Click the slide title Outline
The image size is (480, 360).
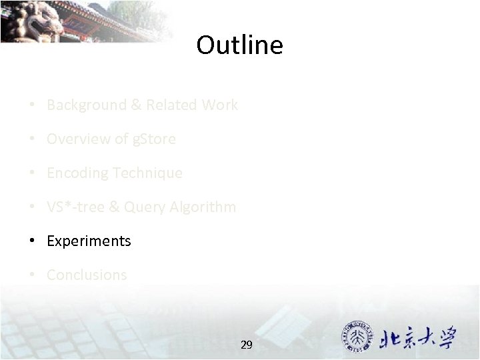[x=239, y=45]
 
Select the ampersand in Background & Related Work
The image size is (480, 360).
[x=135, y=105]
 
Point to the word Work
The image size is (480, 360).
[x=220, y=105]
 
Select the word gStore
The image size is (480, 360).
[x=153, y=139]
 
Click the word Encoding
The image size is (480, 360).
[x=77, y=173]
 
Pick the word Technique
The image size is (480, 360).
[x=147, y=173]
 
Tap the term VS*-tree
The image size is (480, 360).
[x=74, y=207]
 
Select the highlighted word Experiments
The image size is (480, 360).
[x=89, y=241]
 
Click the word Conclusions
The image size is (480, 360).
[x=87, y=275]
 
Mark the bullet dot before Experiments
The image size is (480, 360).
[x=32, y=241]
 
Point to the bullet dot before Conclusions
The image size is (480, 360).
[x=32, y=275]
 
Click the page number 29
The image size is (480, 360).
[x=246, y=345]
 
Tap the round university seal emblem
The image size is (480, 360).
[x=359, y=338]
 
